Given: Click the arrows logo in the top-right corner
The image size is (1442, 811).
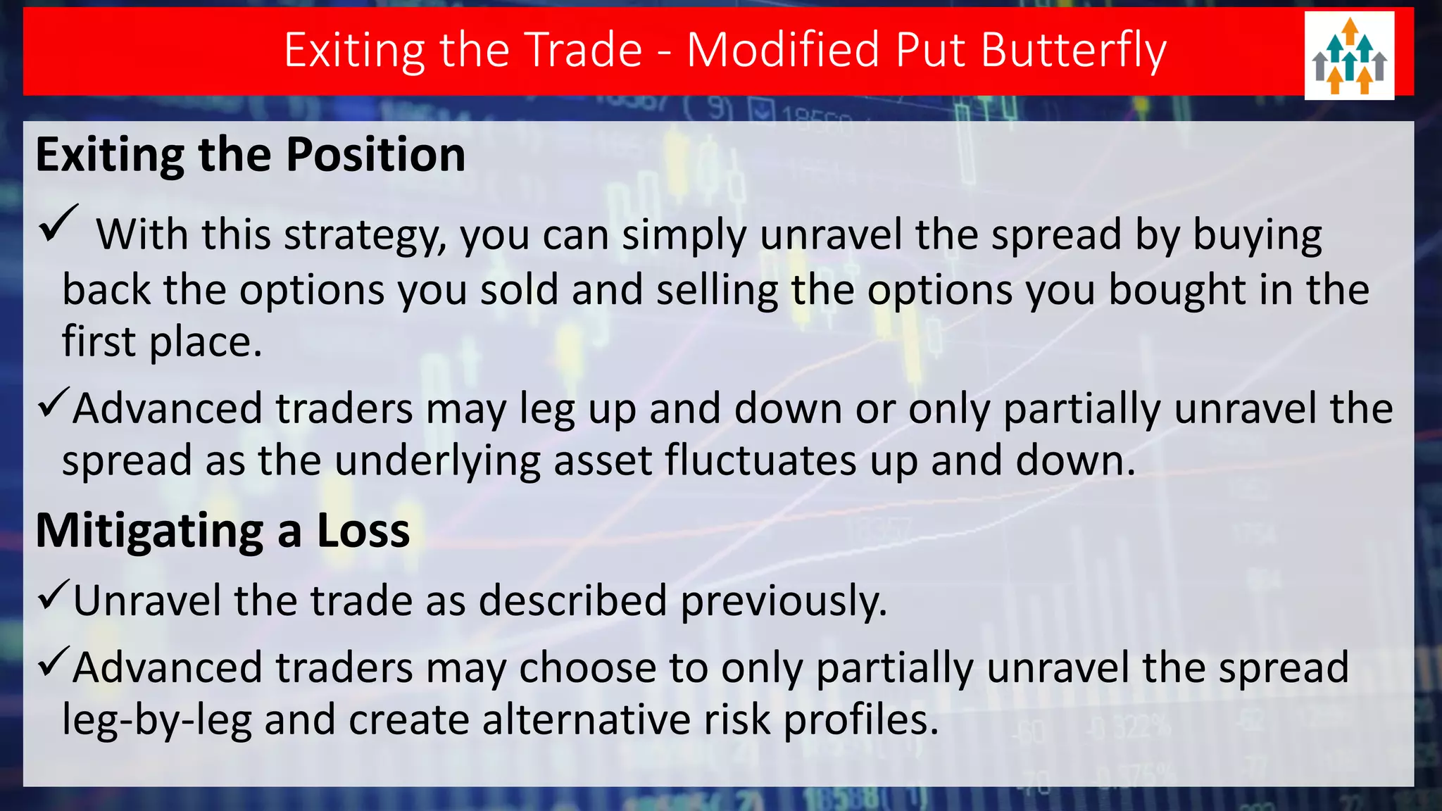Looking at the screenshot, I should (x=1349, y=56).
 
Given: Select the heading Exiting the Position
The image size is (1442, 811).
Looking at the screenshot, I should (x=251, y=154).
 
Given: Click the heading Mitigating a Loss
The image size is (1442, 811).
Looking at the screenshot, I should (x=222, y=530).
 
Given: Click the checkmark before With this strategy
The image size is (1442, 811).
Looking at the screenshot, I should (x=58, y=224).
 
